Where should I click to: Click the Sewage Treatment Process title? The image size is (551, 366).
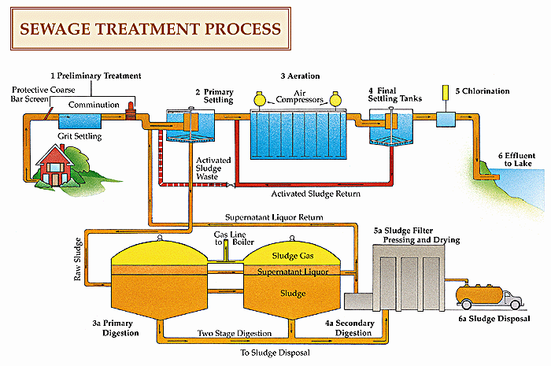[x=150, y=29]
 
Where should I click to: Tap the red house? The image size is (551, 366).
[x=55, y=165]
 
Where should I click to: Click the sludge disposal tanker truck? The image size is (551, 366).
[x=489, y=297]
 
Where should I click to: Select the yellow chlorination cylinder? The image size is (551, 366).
[x=446, y=92]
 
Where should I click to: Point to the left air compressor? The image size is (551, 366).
[x=260, y=98]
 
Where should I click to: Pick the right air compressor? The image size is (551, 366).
[x=335, y=99]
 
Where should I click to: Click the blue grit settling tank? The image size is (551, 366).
[x=80, y=121]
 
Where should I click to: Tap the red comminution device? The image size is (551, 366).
[x=131, y=111]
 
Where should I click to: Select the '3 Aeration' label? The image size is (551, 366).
[x=300, y=76]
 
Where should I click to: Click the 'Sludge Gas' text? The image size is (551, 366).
[x=293, y=256]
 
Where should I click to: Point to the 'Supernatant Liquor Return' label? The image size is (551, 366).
[x=274, y=217]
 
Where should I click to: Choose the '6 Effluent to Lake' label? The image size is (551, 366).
[x=516, y=160]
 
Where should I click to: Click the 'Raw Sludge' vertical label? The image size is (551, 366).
[x=78, y=259]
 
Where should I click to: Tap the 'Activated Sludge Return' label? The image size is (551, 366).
[x=316, y=194]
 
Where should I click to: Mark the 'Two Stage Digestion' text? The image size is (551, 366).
[x=235, y=333]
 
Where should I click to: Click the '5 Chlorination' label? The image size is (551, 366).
[x=483, y=91]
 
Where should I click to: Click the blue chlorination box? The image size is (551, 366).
[x=446, y=120]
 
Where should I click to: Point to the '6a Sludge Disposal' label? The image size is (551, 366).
[x=494, y=319]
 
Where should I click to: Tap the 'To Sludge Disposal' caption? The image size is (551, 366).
[x=275, y=353]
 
